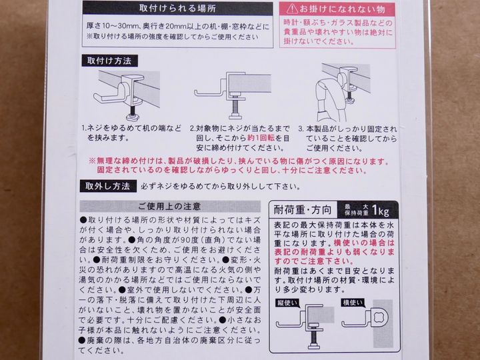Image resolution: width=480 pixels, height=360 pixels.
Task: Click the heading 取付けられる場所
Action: (177, 8)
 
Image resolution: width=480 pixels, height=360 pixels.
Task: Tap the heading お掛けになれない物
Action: (342, 9)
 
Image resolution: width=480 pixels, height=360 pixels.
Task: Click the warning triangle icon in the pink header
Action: (292, 9)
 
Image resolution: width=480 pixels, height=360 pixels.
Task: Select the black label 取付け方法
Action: (109, 61)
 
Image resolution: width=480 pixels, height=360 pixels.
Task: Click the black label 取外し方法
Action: (108, 186)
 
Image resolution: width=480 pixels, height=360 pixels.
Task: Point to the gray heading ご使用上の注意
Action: (169, 206)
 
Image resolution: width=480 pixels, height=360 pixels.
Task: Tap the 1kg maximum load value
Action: (381, 210)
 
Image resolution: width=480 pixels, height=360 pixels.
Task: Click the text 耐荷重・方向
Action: (303, 210)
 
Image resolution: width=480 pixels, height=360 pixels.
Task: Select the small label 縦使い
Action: (287, 303)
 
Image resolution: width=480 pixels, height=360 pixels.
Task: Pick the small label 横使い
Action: (353, 303)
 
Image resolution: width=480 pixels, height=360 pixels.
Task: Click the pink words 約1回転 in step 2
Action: (261, 138)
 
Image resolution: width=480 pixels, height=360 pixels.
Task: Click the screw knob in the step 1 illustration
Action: (134, 117)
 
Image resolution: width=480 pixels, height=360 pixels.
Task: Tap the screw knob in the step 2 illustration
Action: (235, 116)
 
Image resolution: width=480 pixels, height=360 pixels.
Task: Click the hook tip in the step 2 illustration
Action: (196, 92)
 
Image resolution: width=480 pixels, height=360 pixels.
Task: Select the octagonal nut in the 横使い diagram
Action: (381, 317)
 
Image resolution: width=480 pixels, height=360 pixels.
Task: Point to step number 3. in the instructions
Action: (301, 129)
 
